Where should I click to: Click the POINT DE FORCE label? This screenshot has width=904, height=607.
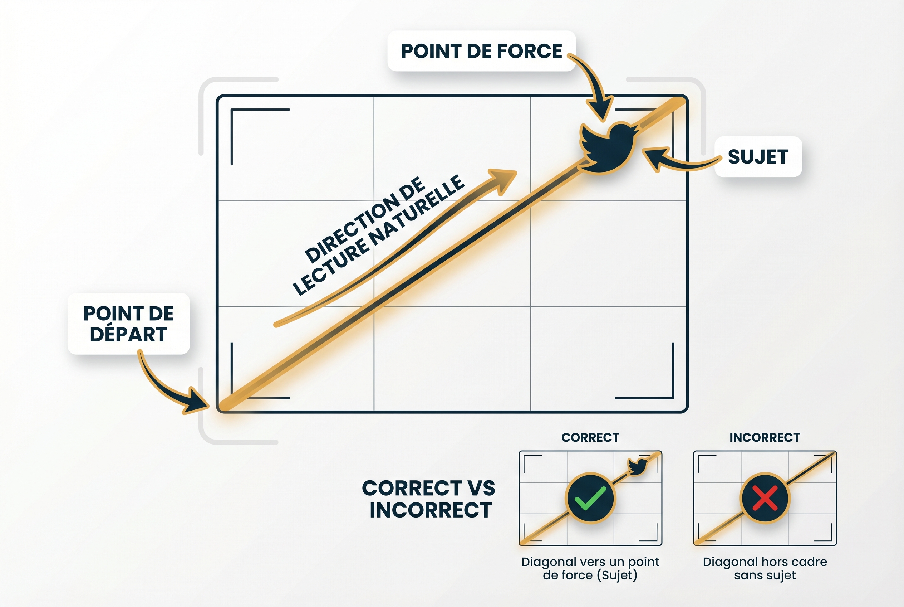pos(482,51)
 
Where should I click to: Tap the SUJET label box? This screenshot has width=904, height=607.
pos(758,157)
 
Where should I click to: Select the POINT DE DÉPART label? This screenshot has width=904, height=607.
pos(128,324)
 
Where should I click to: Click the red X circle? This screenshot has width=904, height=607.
pos(765,498)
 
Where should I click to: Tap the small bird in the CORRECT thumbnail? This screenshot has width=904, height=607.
pos(637,466)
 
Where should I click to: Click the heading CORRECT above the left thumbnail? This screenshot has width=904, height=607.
pos(590,437)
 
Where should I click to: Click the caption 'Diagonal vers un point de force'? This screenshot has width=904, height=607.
pos(590,568)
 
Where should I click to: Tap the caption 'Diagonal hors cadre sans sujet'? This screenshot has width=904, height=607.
pos(765,568)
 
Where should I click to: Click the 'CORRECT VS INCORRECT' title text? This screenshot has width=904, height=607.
pos(429,499)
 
